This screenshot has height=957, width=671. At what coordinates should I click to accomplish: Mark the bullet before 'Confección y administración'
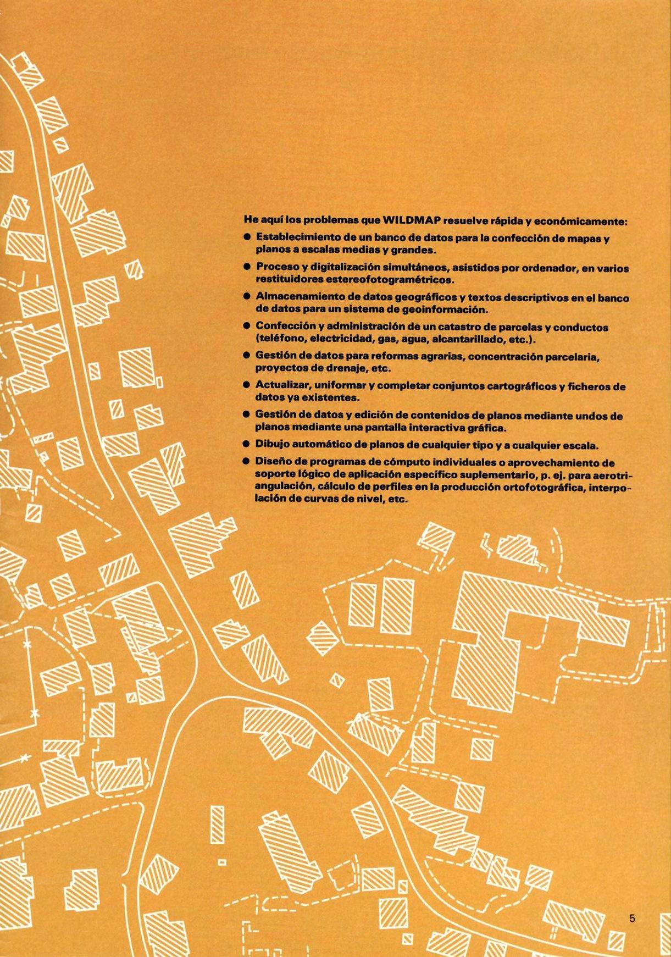pyautogui.click(x=248, y=328)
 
